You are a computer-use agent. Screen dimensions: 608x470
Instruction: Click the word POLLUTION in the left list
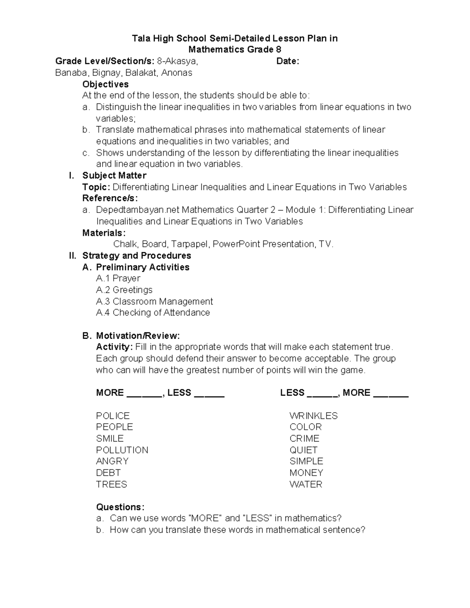[122, 450]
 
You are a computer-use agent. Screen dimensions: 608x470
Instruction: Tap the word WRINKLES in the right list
[313, 415]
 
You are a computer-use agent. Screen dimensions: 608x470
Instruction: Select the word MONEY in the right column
[306, 473]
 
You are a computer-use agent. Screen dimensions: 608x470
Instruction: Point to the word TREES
[111, 484]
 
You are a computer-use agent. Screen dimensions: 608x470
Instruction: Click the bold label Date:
[287, 61]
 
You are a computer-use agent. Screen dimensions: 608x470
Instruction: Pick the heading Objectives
[105, 84]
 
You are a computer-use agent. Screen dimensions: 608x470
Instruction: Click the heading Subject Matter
[114, 175]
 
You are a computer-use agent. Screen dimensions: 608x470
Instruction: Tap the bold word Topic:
[96, 187]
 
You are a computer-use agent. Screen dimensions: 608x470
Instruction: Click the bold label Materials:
[104, 233]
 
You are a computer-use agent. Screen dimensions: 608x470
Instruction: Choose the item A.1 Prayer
[118, 278]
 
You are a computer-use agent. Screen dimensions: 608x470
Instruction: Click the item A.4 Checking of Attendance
[153, 312]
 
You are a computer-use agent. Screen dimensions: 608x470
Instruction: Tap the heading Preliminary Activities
[143, 267]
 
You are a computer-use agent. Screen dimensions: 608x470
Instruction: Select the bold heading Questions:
[120, 507]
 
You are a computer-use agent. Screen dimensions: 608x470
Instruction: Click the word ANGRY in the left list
[112, 461]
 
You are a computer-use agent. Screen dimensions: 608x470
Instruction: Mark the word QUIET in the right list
[303, 450]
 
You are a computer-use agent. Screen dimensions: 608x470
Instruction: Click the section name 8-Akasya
[177, 61]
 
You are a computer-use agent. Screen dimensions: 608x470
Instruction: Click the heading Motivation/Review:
[138, 336]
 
